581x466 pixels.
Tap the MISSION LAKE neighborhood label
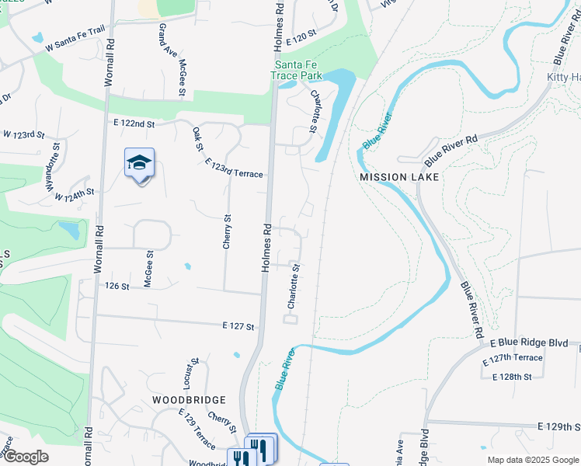tap(399, 177)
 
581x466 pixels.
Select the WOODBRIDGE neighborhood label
tap(189, 400)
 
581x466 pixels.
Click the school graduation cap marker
tap(140, 163)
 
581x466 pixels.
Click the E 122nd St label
tap(134, 123)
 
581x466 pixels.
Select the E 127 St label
tap(238, 327)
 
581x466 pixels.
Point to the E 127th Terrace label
tap(512, 359)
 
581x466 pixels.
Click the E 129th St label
tap(558, 427)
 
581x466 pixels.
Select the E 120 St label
tap(301, 35)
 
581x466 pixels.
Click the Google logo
tap(25, 457)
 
